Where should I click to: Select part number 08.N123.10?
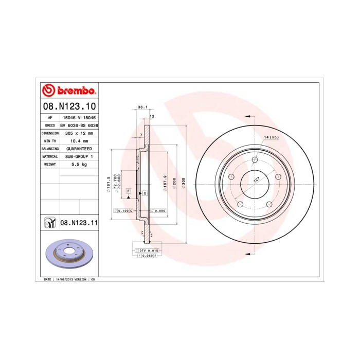point(68,106)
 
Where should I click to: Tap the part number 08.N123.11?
point(79,223)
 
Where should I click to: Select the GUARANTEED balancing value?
point(79,148)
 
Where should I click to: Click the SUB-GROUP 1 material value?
point(79,156)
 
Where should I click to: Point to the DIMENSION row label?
point(50,133)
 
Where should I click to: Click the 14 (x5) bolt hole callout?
point(271,137)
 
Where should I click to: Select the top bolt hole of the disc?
point(255,159)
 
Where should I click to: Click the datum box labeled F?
point(128,191)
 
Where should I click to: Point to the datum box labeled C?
point(145,193)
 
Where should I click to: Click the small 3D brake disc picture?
point(68,254)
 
